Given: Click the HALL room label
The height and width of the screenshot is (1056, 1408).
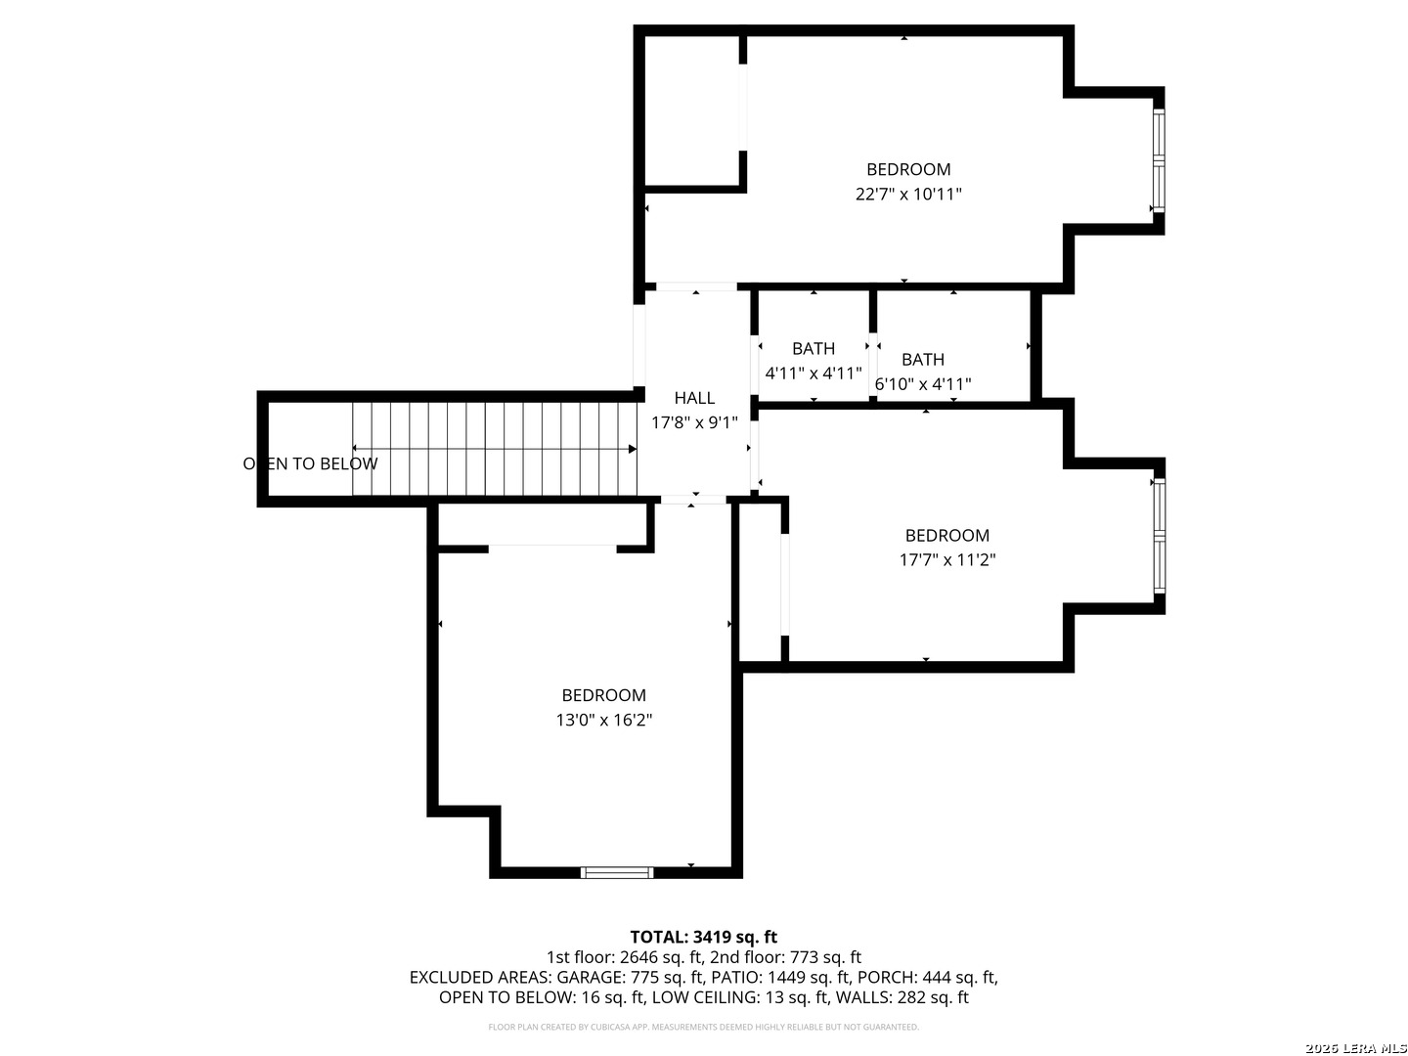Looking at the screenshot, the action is click(694, 398).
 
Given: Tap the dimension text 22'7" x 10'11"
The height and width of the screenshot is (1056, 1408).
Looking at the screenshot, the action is click(908, 194).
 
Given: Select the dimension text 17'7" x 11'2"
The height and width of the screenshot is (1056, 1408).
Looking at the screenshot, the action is click(946, 559).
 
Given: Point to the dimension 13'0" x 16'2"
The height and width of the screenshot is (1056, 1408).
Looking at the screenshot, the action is click(603, 720).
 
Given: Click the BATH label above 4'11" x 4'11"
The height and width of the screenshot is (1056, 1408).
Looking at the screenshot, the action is click(814, 349).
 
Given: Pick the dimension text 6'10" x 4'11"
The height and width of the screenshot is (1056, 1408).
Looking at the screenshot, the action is click(923, 384).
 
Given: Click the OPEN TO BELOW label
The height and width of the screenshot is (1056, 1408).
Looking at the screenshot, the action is click(310, 463).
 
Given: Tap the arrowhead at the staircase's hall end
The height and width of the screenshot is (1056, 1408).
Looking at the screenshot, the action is click(633, 449).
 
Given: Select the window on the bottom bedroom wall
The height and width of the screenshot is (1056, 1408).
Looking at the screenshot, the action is click(616, 872).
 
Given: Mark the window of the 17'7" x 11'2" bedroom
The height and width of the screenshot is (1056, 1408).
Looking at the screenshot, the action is click(1159, 536).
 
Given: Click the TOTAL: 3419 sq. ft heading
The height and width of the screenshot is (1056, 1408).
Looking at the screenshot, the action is click(704, 938).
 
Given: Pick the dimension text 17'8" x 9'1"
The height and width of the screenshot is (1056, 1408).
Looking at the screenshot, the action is click(694, 422).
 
